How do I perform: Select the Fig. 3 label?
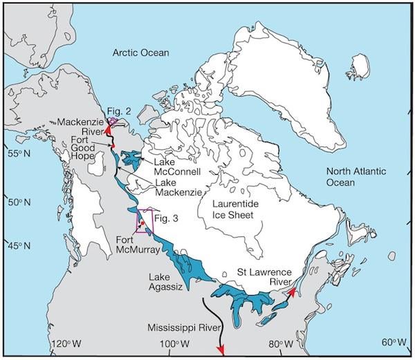point(167,218)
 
